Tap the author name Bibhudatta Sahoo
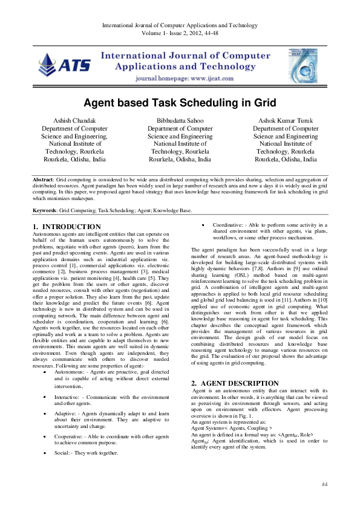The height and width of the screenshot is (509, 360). coord(180,121)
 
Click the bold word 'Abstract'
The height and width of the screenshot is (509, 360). coord(44,180)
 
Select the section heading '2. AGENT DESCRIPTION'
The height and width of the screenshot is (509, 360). coord(235,383)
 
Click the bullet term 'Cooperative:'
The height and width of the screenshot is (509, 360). coord(69,436)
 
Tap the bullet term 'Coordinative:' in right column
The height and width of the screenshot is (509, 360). coord(229,225)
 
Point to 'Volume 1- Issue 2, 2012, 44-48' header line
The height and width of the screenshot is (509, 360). coord(180,34)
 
